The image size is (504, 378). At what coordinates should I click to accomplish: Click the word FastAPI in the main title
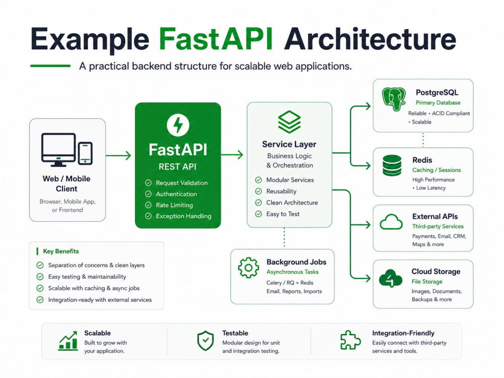click(216, 39)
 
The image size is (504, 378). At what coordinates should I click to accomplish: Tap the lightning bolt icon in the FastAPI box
click(178, 124)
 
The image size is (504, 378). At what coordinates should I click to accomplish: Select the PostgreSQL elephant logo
click(394, 99)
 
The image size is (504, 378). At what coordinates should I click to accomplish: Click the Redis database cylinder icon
click(392, 165)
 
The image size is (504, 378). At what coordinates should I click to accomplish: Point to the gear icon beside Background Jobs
click(248, 268)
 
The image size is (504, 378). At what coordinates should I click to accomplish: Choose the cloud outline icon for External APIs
click(391, 222)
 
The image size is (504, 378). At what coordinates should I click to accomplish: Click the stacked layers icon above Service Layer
click(289, 122)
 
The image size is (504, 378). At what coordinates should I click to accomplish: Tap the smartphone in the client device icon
click(85, 153)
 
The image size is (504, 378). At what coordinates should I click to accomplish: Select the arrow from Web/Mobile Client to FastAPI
click(118, 156)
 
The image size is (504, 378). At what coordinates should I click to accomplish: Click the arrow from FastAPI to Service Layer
click(232, 155)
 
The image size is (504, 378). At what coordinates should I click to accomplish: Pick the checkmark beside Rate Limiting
click(148, 205)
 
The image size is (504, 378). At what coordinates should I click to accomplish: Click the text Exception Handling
click(183, 216)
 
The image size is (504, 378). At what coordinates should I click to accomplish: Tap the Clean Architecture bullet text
click(292, 203)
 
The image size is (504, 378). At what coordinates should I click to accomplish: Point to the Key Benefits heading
click(61, 251)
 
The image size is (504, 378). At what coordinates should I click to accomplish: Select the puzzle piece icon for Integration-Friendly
click(350, 340)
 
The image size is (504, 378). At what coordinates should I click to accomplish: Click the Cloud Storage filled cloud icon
click(391, 278)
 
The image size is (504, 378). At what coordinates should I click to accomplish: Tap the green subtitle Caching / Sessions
click(436, 170)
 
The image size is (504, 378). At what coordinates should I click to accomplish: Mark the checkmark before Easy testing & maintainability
click(40, 277)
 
